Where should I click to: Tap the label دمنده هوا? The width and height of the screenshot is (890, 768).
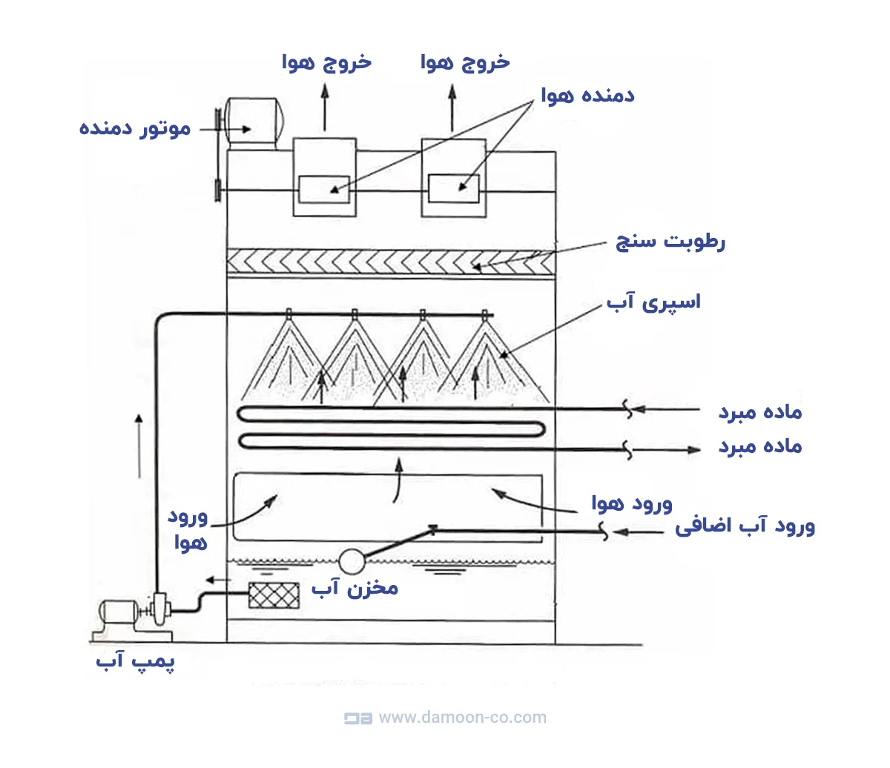(587, 96)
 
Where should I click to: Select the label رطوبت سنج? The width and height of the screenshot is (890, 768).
(670, 241)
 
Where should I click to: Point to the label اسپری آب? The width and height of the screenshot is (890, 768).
(653, 302)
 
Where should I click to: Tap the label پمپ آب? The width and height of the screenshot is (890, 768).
(135, 661)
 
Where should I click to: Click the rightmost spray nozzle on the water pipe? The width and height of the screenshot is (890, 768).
(485, 314)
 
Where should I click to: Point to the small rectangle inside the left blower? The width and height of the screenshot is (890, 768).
(323, 188)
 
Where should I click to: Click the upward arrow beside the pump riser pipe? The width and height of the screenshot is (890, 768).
(139, 445)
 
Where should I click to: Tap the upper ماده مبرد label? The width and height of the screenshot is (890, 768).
(759, 411)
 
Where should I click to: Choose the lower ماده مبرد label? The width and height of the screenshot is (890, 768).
(759, 446)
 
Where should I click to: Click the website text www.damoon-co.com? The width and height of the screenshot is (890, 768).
(462, 718)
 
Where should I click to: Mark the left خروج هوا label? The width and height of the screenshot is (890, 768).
(326, 62)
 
